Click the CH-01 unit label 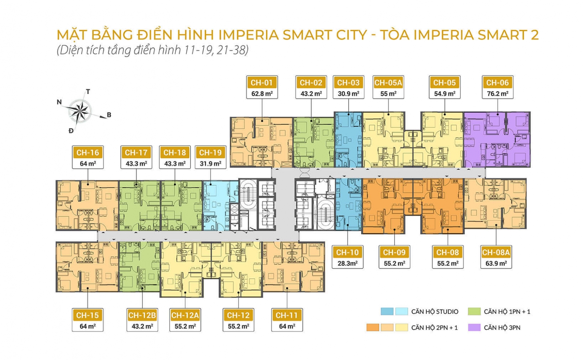coord(262,83)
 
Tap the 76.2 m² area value coord(497,94)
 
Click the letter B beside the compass coord(109,115)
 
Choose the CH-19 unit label coord(210,153)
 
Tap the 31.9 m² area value coord(210,164)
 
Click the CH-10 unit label coord(347,252)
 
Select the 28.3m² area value coord(347,263)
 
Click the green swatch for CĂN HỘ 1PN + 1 coord(474,311)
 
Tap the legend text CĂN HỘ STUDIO coord(435,312)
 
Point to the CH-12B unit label coord(142,315)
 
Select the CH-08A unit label coord(496,252)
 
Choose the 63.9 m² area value coord(496,263)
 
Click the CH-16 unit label coord(87,153)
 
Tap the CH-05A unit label coord(388,83)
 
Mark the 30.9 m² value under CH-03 coord(348,94)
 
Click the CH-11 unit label coord(287,315)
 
